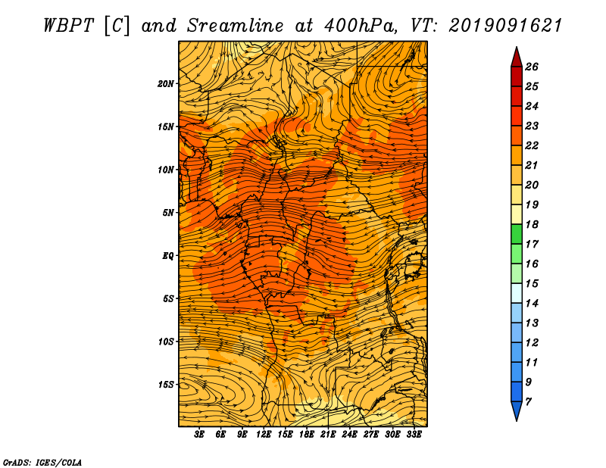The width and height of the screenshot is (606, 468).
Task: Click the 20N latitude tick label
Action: coord(166,84)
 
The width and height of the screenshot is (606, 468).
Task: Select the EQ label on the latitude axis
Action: coord(167,256)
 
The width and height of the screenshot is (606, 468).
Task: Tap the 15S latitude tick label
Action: coord(166,385)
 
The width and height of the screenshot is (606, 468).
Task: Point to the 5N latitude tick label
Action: coord(168,213)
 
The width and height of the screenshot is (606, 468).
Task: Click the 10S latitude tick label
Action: coord(166,342)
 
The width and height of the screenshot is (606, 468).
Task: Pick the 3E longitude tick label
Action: coord(199,435)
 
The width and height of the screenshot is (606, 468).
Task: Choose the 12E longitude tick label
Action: coord(264,435)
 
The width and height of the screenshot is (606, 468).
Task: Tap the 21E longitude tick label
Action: coord(328,435)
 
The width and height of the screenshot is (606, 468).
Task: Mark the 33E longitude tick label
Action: coord(414,435)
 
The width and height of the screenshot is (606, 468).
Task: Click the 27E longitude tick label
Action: coord(370,435)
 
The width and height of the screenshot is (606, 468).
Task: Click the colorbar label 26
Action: coord(532,67)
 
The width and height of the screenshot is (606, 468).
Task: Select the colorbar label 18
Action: coord(532,224)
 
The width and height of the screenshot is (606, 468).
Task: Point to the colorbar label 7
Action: coord(528,402)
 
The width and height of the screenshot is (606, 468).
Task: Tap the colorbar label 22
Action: coord(532,145)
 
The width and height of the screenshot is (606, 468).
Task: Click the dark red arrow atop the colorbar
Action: coord(517,58)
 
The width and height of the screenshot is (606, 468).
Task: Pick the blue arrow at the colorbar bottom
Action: coord(517,411)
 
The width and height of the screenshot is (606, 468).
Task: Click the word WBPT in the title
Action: coord(68,26)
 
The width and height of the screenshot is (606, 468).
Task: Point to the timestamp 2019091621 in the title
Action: coord(505,26)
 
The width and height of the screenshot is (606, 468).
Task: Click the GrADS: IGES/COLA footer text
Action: coord(42,462)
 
